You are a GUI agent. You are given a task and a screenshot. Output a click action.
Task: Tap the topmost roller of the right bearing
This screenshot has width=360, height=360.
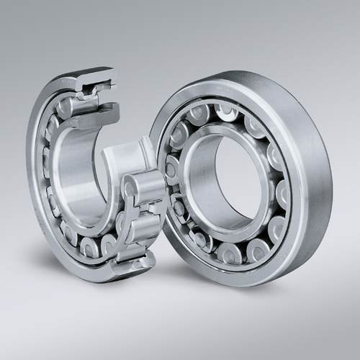coord(224,109)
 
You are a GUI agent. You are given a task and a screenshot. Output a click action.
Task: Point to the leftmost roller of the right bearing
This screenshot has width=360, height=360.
coord(171,169)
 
